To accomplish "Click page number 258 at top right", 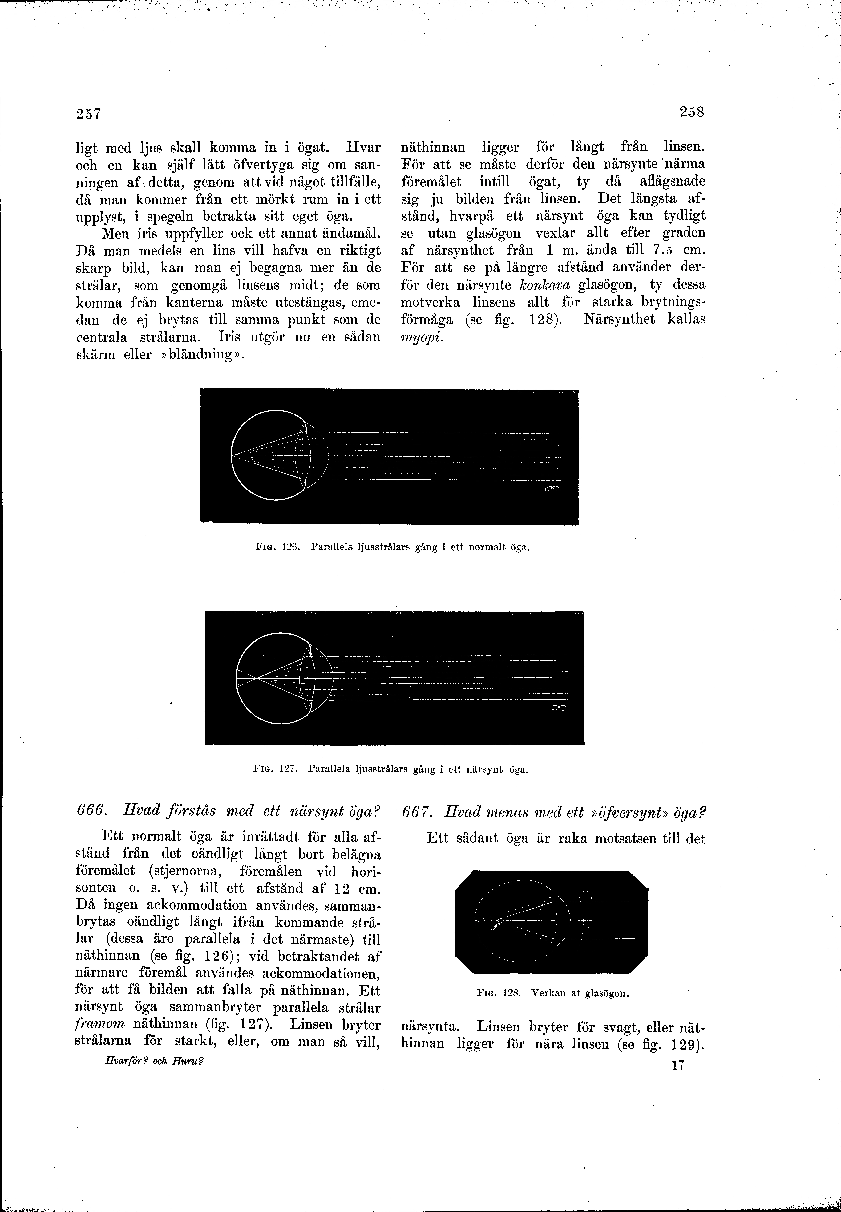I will (x=692, y=112).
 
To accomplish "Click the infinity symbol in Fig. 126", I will (x=552, y=490).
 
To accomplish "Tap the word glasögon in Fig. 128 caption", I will (x=608, y=993).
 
